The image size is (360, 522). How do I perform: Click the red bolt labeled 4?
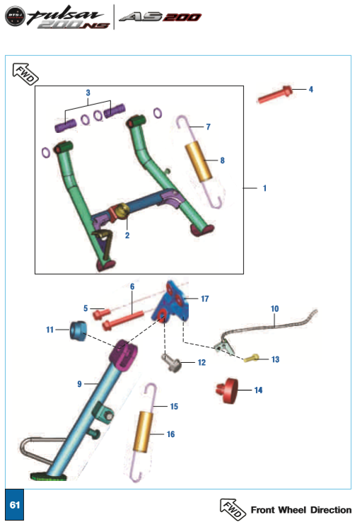click(275, 94)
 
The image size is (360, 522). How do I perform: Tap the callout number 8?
click(223, 161)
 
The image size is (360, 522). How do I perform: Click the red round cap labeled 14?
click(227, 390)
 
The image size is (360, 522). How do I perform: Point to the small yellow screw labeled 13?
click(251, 358)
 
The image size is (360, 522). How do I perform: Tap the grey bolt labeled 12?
click(172, 364)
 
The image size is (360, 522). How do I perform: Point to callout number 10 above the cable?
click(274, 308)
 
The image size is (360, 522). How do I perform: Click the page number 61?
click(15, 505)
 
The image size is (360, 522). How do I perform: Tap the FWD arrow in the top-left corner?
click(25, 74)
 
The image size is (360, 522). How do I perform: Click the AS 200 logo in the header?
click(160, 17)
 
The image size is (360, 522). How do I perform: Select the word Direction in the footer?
click(331, 510)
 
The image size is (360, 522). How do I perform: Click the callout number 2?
click(127, 236)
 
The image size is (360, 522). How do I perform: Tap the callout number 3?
click(88, 93)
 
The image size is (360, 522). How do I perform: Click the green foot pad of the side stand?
click(49, 477)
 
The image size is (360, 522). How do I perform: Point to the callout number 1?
click(265, 188)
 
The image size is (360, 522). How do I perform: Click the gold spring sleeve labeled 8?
click(199, 161)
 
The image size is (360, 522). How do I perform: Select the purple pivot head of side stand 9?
click(123, 354)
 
